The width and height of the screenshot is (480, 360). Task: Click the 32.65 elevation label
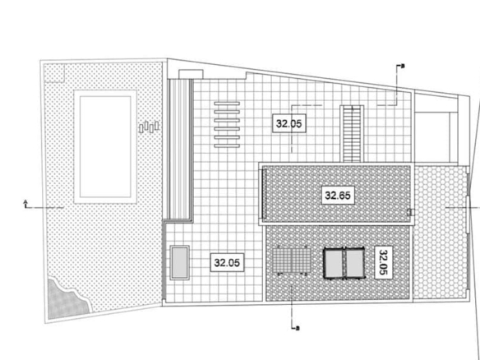338,195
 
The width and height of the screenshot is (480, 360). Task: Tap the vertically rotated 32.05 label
384,262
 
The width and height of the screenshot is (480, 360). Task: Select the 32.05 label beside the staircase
289,123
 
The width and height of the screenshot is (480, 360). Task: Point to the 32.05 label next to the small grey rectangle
227,262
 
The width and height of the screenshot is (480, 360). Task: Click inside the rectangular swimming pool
105,146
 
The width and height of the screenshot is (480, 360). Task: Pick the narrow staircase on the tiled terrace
352,134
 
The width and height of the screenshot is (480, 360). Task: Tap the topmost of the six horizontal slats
227,104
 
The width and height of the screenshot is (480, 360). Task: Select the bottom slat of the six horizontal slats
227,145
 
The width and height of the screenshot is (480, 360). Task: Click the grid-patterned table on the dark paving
292,261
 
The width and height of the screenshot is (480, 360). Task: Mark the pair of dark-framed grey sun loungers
344,262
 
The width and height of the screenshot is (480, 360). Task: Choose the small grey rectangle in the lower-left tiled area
180,262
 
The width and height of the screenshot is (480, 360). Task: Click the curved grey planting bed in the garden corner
68,298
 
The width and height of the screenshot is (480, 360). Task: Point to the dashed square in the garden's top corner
54,73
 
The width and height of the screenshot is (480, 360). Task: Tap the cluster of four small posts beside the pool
149,127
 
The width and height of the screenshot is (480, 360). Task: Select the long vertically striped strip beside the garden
181,149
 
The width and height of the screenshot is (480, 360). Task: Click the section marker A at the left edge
25,204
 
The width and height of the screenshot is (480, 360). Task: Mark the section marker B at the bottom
297,329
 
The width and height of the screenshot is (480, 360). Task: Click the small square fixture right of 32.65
410,212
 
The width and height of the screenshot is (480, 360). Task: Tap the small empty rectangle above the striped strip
191,75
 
